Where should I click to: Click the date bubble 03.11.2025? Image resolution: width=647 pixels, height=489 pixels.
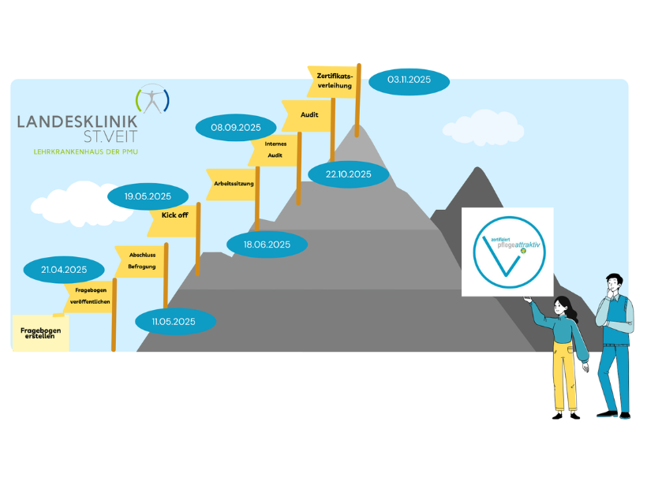tap(408, 80)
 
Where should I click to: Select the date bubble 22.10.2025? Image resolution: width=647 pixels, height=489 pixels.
tap(348, 174)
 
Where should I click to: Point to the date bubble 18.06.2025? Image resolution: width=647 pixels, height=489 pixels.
tap(267, 244)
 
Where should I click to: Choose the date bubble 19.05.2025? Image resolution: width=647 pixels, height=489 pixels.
tap(148, 196)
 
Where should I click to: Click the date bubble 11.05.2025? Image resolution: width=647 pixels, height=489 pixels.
tap(174, 321)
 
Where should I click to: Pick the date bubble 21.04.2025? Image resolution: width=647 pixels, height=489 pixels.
tap(64, 270)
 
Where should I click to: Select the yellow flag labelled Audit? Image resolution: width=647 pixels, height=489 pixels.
tap(309, 115)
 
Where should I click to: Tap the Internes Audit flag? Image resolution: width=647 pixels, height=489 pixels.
tap(275, 150)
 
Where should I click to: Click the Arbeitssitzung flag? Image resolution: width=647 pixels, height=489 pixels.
tap(234, 183)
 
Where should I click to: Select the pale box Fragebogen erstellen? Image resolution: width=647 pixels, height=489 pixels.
tap(40, 333)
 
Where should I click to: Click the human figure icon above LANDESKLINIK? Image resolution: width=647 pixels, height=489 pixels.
tap(152, 99)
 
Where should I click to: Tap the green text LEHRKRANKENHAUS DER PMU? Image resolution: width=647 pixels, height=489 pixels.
tap(83, 151)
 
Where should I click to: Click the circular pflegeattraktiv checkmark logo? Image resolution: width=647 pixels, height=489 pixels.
tap(507, 252)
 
